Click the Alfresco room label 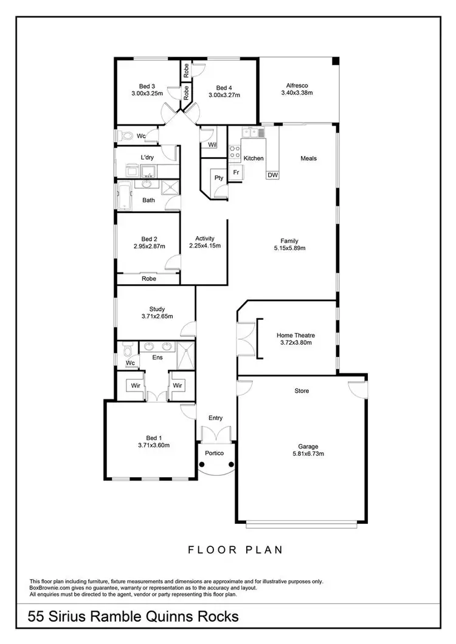(296, 86)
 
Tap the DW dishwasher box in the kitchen (272, 175)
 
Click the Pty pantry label (218, 178)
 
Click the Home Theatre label (295, 335)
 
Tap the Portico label (215, 453)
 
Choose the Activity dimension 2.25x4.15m (204, 246)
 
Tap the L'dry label (147, 157)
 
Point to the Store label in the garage (302, 391)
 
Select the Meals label (309, 158)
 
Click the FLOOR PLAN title (235, 551)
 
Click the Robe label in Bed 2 (148, 279)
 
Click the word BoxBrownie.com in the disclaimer (52, 588)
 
